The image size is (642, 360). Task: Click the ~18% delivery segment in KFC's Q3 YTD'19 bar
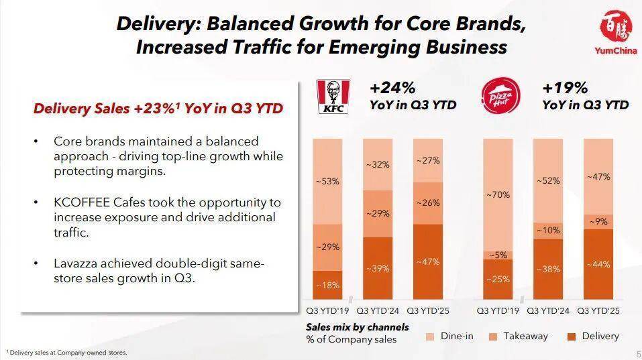click(x=327, y=285)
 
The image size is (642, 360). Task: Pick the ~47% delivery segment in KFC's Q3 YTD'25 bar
click(x=428, y=261)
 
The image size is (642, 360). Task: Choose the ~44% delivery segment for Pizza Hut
click(x=598, y=264)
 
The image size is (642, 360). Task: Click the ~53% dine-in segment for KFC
click(x=327, y=181)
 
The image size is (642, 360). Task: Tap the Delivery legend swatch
click(x=573, y=337)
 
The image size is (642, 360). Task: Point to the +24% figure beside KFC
click(x=392, y=88)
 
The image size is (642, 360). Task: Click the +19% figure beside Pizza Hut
click(x=565, y=88)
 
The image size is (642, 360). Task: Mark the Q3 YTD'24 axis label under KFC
click(x=378, y=310)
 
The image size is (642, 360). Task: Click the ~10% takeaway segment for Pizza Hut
click(x=547, y=230)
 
